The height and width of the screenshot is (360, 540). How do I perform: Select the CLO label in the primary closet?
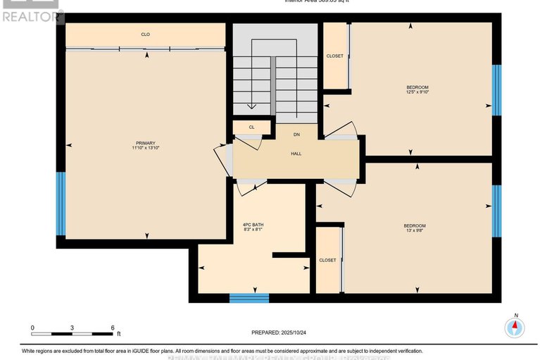coord(146,34)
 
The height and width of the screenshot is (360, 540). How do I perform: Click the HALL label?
coord(296,153)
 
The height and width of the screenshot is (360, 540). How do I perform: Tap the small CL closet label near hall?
coord(251,128)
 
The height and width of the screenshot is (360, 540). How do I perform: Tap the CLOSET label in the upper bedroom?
coord(334,56)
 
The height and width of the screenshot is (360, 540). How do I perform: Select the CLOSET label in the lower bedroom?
coord(327,260)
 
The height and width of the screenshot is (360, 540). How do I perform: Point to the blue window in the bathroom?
coord(249,298)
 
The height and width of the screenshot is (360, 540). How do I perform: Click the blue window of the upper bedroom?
coord(496,89)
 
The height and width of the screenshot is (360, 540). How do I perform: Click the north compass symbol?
coord(515,326)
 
